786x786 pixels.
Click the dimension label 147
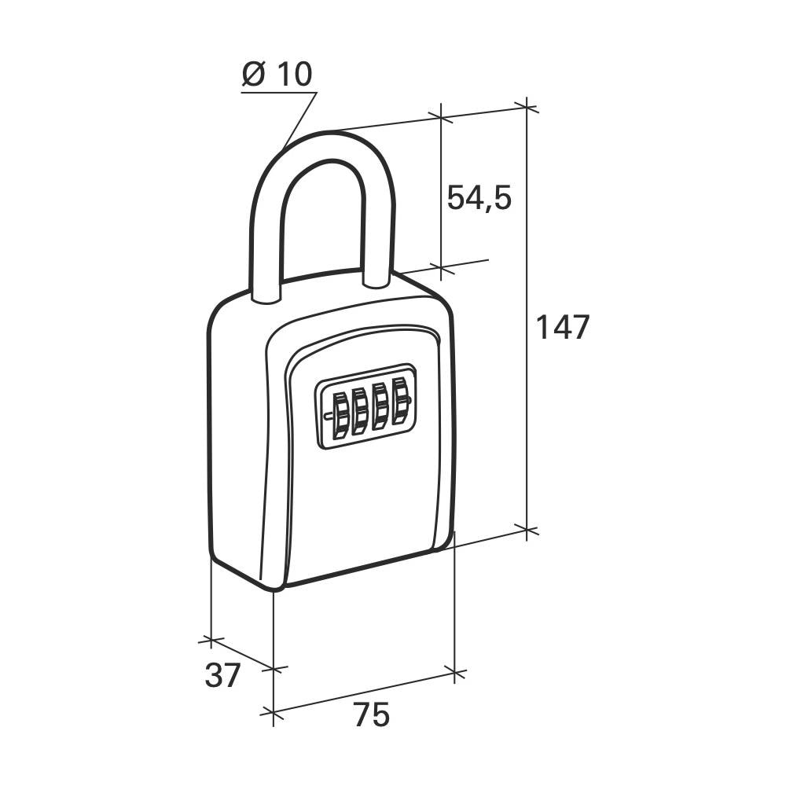[562, 327]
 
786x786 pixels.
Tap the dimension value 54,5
[479, 198]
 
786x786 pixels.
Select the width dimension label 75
[371, 715]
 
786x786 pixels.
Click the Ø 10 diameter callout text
[277, 74]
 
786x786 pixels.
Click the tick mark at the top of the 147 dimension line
[526, 107]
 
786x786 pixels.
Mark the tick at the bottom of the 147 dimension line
[527, 531]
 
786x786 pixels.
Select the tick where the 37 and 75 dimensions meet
[273, 669]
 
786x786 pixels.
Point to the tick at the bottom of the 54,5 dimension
[441, 269]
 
